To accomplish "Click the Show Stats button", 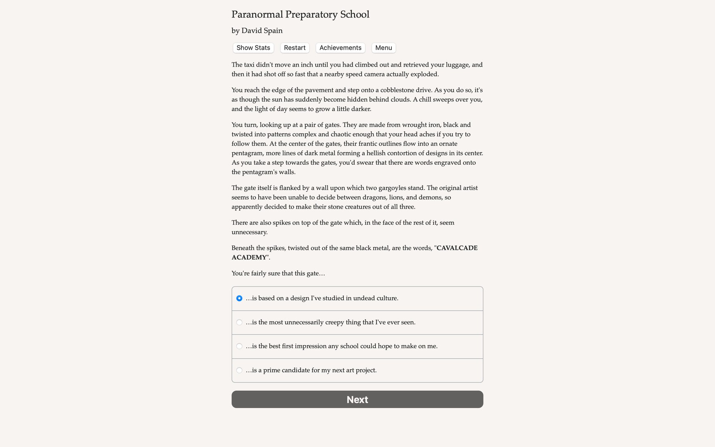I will tap(253, 48).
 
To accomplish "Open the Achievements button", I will tap(340, 48).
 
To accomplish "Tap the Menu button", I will tap(383, 48).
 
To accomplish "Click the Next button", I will tap(357, 399).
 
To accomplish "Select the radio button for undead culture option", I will tap(239, 298).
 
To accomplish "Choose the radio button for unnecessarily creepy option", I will tap(239, 322).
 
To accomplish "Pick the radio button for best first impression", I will tap(239, 346).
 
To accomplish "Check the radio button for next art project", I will tap(239, 370).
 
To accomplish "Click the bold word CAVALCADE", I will tap(457, 248).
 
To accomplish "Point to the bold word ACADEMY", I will tap(249, 258).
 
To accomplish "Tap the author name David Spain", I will tap(262, 31).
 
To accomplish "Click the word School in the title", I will tap(355, 15).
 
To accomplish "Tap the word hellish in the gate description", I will tap(377, 154).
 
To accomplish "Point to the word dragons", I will tap(374, 198).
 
